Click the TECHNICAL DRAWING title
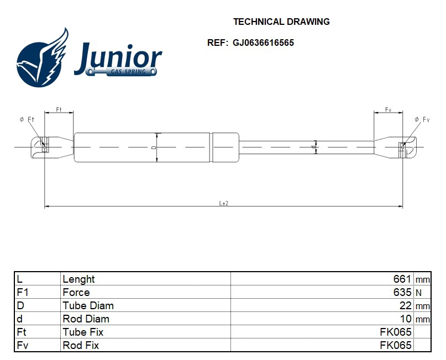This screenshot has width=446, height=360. (x=281, y=22)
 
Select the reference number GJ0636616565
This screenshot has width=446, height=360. (x=263, y=43)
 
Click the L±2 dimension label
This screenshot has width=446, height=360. (x=223, y=203)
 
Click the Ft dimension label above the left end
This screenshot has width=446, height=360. (x=59, y=109)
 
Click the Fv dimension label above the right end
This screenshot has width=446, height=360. (x=389, y=109)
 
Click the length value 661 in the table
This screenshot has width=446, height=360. (x=402, y=279)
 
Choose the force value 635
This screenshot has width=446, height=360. (x=402, y=293)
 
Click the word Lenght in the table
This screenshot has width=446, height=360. (x=79, y=279)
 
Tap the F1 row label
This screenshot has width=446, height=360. (x=23, y=293)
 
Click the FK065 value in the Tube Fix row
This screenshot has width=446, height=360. (x=396, y=332)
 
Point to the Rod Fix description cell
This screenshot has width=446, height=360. (x=81, y=346)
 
